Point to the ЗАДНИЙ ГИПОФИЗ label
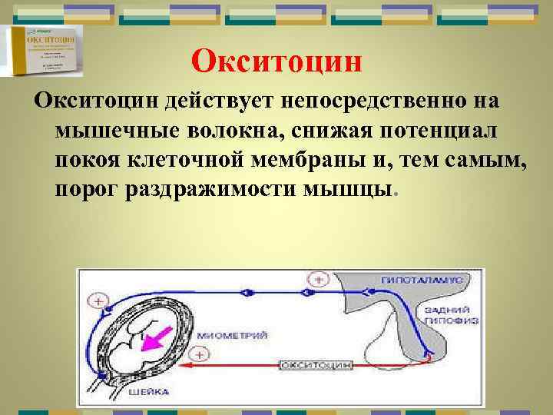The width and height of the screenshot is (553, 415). pos(439,313)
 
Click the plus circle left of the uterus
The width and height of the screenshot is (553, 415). pos(97,299)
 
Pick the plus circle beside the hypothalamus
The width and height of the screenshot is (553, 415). pos(320,279)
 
